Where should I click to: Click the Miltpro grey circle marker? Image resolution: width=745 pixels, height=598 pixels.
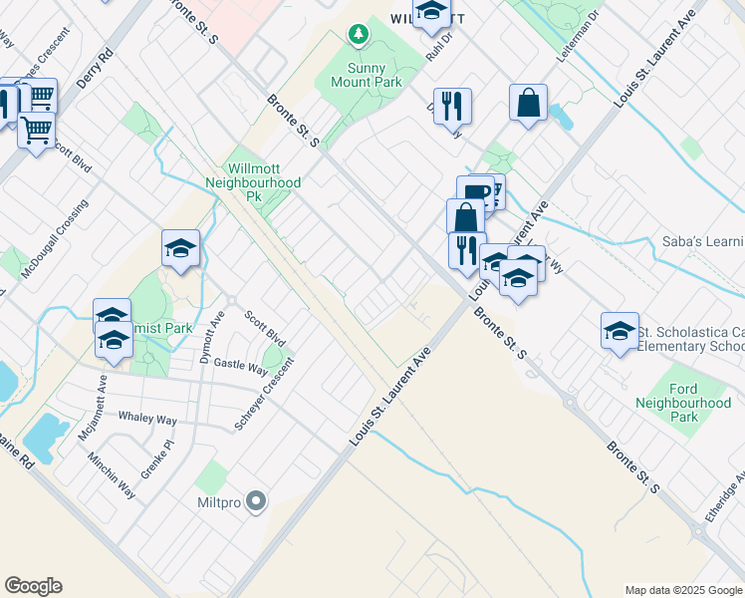pyautogui.click(x=257, y=501)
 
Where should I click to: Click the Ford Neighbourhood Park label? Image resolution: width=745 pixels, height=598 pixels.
pyautogui.click(x=683, y=403)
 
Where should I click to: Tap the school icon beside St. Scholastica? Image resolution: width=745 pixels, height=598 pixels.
pyautogui.click(x=620, y=331)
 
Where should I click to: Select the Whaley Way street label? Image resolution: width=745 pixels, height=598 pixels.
pyautogui.click(x=147, y=419)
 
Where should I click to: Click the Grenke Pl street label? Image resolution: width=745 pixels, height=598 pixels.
pyautogui.click(x=156, y=457)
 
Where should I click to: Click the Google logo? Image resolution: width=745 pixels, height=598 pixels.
pyautogui.click(x=33, y=586)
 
